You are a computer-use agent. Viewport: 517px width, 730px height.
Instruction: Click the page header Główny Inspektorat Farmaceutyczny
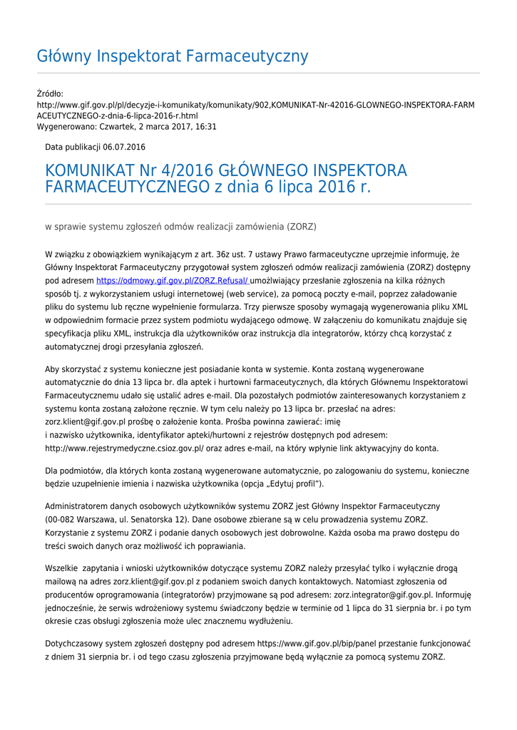(173, 56)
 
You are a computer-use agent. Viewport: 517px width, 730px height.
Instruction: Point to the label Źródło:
(51, 93)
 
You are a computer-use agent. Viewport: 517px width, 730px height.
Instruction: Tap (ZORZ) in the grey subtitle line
(302, 227)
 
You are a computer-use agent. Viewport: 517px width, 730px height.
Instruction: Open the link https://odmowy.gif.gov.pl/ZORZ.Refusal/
(173, 281)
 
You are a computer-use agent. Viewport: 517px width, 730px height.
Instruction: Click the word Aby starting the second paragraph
(52, 369)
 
